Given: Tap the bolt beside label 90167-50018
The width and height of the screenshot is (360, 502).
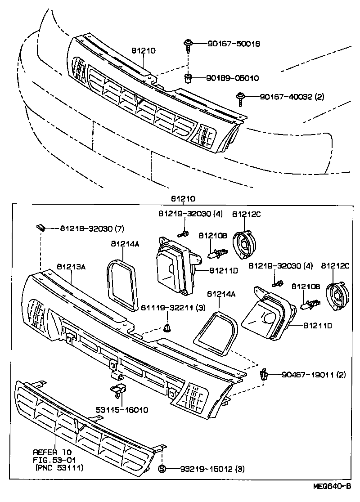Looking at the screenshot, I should [x=187, y=45].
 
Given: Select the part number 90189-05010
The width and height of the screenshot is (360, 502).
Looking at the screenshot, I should [x=232, y=78].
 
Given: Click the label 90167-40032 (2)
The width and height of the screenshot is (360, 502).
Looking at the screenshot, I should [x=292, y=96].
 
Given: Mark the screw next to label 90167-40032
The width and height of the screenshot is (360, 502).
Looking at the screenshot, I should [x=240, y=98].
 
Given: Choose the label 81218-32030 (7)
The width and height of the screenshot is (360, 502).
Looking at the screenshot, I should [x=92, y=228].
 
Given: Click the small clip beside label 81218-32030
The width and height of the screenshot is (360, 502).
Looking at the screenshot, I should [x=41, y=228].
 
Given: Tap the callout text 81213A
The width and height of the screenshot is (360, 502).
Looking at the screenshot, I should [x=71, y=267].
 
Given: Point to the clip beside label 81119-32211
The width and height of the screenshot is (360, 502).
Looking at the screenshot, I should [x=167, y=327].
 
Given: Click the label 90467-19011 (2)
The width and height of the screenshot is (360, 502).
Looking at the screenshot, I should [x=314, y=374].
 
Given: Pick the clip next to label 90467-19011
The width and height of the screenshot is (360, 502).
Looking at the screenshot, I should [x=264, y=374].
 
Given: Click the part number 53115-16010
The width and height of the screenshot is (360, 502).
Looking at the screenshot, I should [x=122, y=410].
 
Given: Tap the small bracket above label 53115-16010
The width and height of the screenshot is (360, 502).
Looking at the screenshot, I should [x=118, y=391].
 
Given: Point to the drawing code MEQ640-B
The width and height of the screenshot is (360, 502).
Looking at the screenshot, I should [x=332, y=486].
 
